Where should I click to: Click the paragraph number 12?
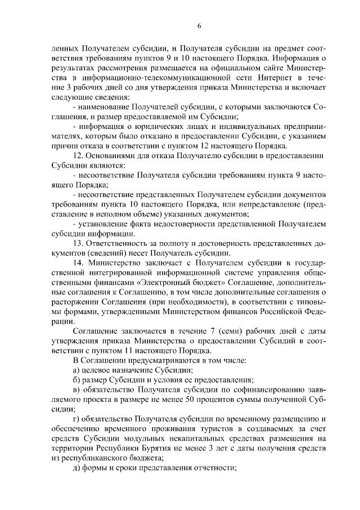coord(79,155)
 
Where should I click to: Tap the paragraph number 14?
coord(79,262)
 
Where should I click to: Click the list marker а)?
coord(79,370)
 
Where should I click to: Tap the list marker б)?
coord(79,380)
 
